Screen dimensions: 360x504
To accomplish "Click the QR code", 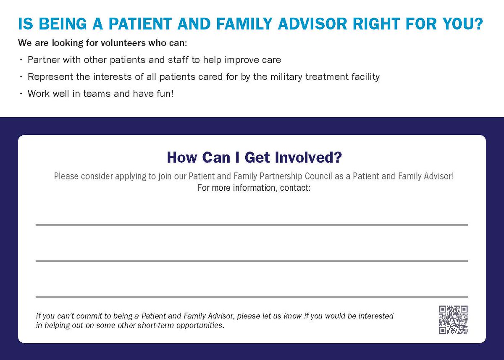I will [454, 320].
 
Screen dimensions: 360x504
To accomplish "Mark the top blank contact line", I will [252, 225].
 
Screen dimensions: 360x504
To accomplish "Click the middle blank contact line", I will [252, 261].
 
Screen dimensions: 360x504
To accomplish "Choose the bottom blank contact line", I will [252, 297].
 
